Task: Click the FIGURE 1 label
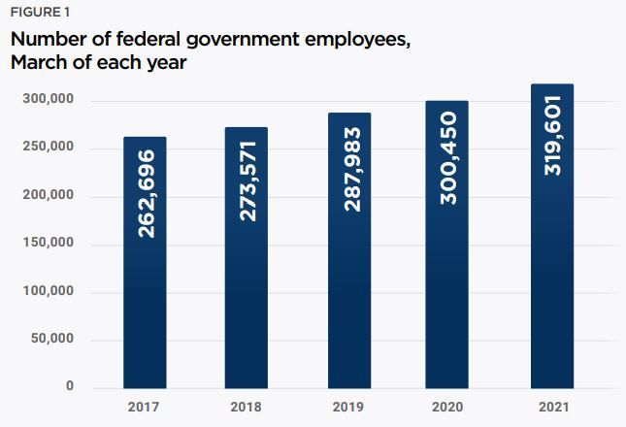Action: [x=41, y=13]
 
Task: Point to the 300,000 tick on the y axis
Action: [x=49, y=99]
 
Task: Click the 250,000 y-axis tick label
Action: [x=49, y=147]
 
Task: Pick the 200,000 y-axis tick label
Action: [x=49, y=195]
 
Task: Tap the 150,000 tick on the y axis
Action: [x=49, y=243]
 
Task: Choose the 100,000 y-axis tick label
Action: [x=49, y=290]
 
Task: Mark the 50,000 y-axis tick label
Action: [x=52, y=339]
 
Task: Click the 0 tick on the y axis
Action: [x=70, y=385]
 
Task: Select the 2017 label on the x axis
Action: [x=144, y=407]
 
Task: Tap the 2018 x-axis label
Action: [x=247, y=407]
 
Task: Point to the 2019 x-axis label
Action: [x=348, y=407]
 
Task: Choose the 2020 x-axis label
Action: [x=447, y=407]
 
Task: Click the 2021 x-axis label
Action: [x=553, y=407]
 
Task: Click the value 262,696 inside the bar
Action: [x=146, y=193]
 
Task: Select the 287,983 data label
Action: [x=352, y=169]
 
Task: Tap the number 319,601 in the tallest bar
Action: [x=553, y=135]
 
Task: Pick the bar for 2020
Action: [x=446, y=245]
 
